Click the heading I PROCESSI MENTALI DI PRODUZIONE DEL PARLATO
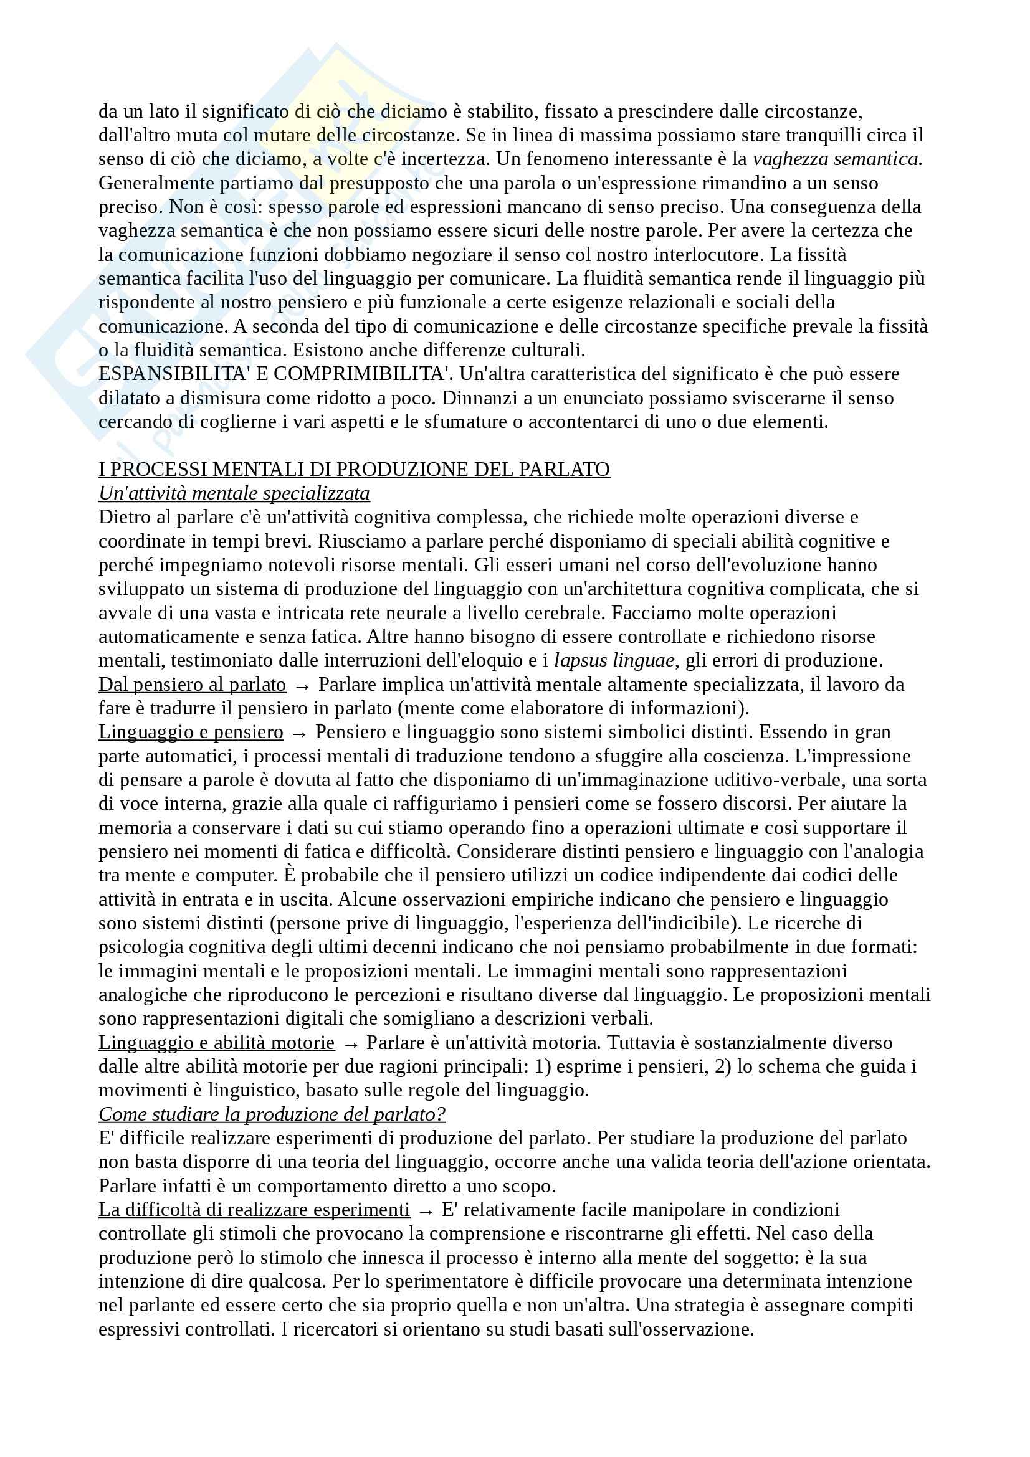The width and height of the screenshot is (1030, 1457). click(x=353, y=470)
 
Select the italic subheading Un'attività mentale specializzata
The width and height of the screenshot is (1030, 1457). click(x=234, y=493)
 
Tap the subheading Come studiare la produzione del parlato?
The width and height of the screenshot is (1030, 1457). click(x=272, y=1114)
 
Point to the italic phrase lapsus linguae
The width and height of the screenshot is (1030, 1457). click(x=614, y=660)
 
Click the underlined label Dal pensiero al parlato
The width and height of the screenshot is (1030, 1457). click(x=192, y=685)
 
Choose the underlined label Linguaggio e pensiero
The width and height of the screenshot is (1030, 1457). click(x=191, y=732)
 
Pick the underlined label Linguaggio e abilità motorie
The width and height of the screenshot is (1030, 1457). click(x=216, y=1043)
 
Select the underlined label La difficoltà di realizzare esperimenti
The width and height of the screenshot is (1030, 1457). click(x=254, y=1210)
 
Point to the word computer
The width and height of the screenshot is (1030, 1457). click(x=234, y=875)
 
